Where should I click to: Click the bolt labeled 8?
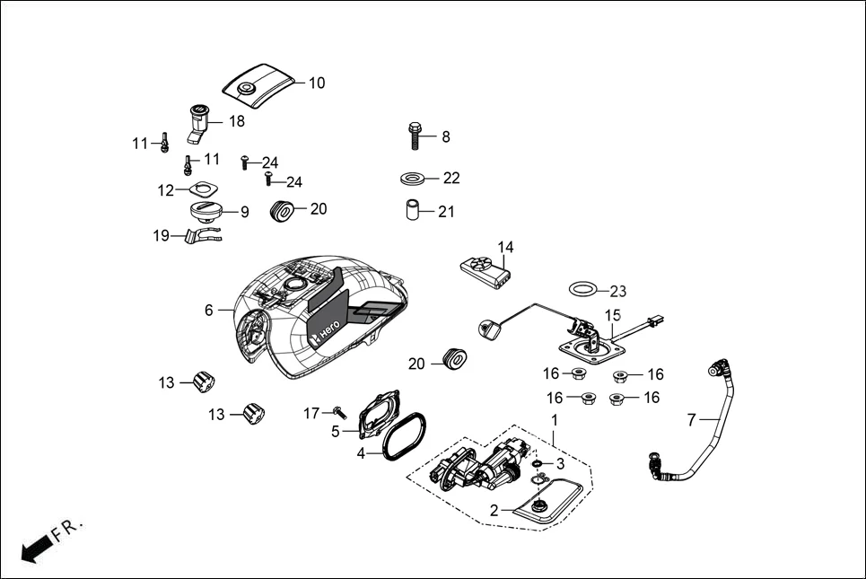point(416,136)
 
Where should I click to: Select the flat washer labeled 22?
point(414,178)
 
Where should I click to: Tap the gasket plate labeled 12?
point(204,189)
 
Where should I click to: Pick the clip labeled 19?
point(199,237)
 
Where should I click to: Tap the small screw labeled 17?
point(339,411)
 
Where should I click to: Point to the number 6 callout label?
point(209,310)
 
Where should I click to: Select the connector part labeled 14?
point(485,268)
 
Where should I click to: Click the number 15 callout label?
point(613,315)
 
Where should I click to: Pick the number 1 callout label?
point(554,419)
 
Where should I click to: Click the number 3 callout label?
point(560,464)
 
